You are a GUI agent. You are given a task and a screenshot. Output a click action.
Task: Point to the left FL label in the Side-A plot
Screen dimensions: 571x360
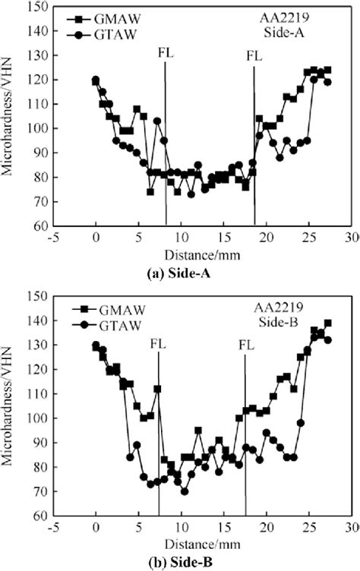[166, 53]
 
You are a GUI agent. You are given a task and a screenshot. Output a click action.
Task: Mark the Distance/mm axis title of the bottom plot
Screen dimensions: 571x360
[196, 545]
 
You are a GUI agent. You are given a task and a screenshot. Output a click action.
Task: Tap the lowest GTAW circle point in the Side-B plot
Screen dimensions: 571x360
[184, 491]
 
